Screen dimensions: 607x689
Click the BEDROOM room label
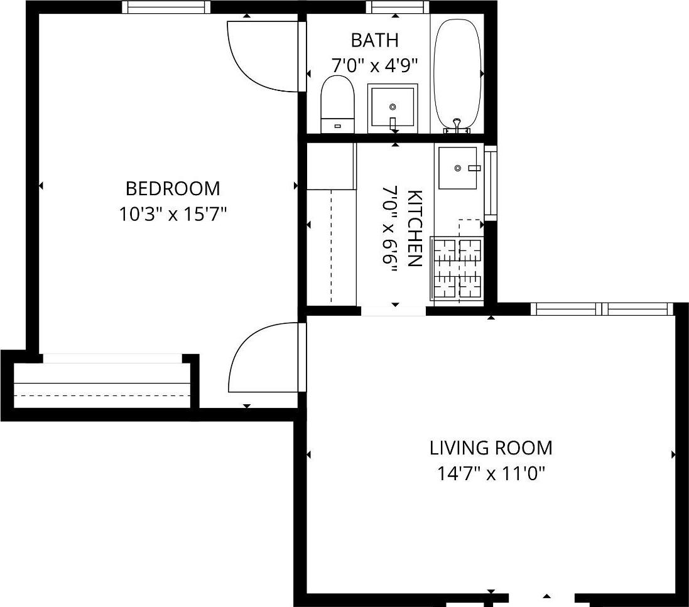tap(173, 188)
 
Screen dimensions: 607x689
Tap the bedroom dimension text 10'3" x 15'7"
tap(173, 215)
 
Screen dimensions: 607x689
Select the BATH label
tap(374, 41)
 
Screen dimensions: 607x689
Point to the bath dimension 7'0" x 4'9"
tap(374, 65)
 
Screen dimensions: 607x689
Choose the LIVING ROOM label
tap(491, 448)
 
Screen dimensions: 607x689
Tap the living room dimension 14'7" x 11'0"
tap(491, 473)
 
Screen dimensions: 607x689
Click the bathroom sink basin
tap(393, 107)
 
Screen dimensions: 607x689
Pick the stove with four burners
tap(458, 268)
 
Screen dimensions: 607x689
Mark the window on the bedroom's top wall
tap(166, 7)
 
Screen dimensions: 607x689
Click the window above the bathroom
tap(397, 7)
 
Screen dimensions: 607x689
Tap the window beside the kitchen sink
tap(490, 183)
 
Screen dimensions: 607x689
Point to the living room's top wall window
tap(602, 309)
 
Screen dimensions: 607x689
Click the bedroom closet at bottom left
tap(102, 384)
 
